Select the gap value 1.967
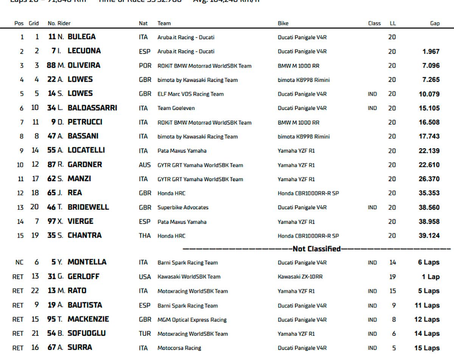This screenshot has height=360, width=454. click(x=431, y=51)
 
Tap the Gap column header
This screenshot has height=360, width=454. click(x=435, y=23)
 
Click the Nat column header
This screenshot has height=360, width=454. click(x=143, y=23)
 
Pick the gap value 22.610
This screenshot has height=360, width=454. click(x=429, y=165)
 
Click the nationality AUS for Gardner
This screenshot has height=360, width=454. click(x=145, y=165)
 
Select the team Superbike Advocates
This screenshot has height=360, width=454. click(x=183, y=207)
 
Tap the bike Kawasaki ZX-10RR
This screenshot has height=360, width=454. click(x=300, y=276)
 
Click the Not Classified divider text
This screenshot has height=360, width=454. click(x=317, y=249)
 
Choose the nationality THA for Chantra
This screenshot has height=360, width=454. click(x=144, y=236)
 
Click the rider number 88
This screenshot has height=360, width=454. click(x=51, y=65)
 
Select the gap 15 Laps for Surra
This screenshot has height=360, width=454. click(x=427, y=348)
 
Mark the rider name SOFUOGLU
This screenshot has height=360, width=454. click(x=87, y=334)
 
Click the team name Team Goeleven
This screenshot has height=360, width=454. click(x=176, y=108)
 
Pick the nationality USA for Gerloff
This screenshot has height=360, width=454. click(x=145, y=276)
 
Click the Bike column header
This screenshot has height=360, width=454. click(x=283, y=23)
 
